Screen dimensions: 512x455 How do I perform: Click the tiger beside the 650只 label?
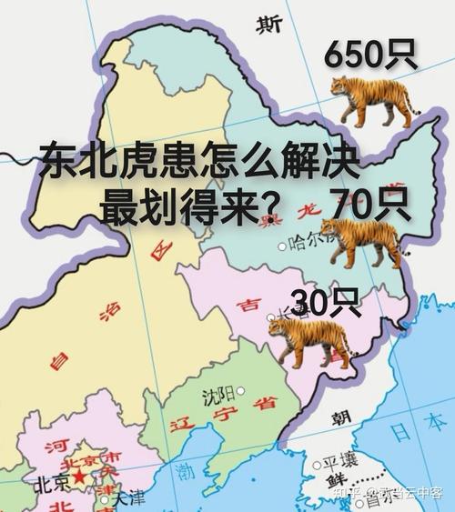click(x=369, y=99)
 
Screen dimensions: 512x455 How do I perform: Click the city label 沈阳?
click(x=217, y=396)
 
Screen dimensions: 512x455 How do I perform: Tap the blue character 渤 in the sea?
click(x=187, y=471)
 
